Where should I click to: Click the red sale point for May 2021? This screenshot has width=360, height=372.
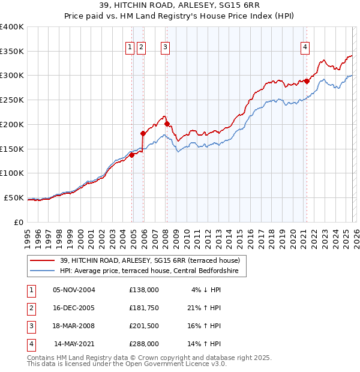307,81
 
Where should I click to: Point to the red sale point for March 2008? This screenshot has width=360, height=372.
167,124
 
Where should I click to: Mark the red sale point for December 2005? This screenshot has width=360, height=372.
143,133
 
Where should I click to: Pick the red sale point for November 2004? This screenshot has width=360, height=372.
131,155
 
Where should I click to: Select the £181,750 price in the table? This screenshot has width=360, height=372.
144,308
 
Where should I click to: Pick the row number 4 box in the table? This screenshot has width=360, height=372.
30,344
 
